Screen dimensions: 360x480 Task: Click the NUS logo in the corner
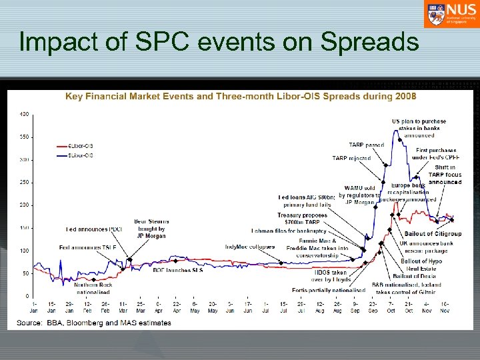449,14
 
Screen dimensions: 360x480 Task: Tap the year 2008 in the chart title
404,96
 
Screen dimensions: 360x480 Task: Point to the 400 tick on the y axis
25,115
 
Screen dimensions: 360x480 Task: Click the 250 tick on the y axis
25,183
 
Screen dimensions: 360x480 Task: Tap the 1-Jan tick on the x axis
33,307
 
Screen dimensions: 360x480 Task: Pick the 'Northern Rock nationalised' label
93,288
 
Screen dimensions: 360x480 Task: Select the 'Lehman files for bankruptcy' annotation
289,231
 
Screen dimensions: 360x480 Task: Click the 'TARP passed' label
366,145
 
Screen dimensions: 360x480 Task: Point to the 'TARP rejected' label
351,158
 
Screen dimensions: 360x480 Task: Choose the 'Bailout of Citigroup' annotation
433,234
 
